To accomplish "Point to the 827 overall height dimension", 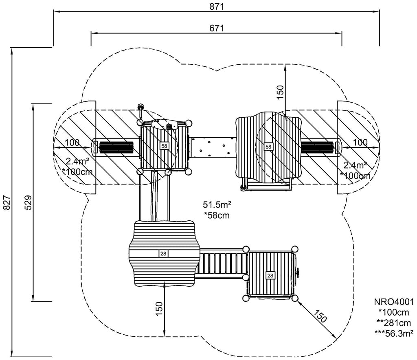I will tap(6, 202).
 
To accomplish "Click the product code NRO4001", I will tap(394, 302).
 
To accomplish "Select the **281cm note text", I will tap(394, 323).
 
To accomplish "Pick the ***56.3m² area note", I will tap(394, 333).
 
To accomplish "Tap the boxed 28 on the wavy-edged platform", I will tap(163, 254).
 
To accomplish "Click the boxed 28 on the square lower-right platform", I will tap(270, 276).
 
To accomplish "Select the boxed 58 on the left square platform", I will tap(164, 145).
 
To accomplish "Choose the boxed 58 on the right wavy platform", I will tap(268, 146).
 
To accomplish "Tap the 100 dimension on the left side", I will tap(72, 143).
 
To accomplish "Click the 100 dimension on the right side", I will tap(360, 143).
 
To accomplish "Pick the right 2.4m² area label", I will tap(355, 165).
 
